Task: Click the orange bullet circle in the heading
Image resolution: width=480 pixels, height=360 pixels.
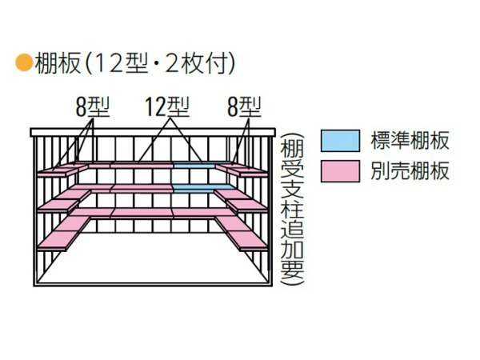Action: point(24,62)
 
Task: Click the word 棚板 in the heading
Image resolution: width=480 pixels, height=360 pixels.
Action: point(58,63)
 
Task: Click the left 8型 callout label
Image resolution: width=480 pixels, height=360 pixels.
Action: point(93,107)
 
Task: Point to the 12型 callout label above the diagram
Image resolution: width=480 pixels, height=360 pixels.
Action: point(167,107)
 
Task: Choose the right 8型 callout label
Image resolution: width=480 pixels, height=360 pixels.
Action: point(244,107)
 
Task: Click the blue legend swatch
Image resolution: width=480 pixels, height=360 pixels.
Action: point(340,141)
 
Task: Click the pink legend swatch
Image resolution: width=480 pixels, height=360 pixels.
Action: point(340,171)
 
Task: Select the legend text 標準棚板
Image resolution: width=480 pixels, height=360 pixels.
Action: point(410,141)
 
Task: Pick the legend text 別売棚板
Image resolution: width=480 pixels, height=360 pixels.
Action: point(410,171)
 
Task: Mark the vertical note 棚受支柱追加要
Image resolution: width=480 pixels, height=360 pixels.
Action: point(292,210)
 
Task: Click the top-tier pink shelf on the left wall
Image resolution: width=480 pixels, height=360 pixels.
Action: point(62,170)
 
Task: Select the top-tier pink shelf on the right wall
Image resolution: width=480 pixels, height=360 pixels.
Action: point(242,170)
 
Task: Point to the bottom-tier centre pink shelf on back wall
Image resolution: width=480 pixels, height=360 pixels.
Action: point(142,213)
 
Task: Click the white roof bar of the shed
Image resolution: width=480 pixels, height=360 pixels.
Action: point(153,132)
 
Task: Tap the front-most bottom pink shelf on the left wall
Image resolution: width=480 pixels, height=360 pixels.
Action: point(57,240)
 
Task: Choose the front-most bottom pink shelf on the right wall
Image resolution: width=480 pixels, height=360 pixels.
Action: point(249,240)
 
